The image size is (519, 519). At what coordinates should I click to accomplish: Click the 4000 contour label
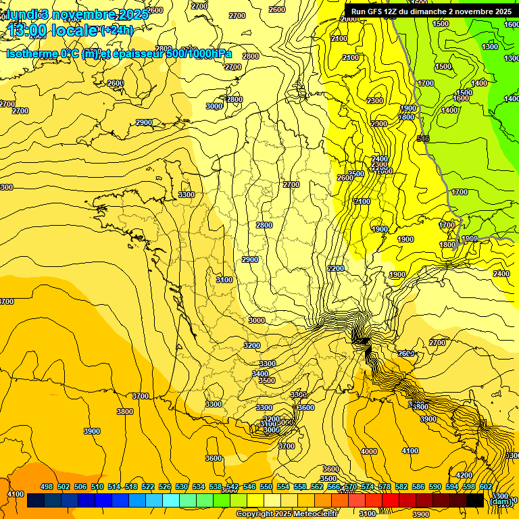(x=369, y=451)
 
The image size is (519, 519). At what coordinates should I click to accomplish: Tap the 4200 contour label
(x=464, y=475)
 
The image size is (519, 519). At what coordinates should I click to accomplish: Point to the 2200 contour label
(x=336, y=268)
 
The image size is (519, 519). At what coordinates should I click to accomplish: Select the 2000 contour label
(x=349, y=19)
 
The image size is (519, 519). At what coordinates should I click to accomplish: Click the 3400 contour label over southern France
(x=260, y=374)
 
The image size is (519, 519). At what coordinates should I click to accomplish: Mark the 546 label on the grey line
(x=424, y=139)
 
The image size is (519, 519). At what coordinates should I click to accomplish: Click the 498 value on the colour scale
(x=47, y=487)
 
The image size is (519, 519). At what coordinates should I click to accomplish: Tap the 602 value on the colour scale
(x=486, y=487)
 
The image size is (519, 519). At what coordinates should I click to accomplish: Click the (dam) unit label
(x=501, y=501)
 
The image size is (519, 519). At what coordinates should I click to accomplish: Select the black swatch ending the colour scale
(x=475, y=501)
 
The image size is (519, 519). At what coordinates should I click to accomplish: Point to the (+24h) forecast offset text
(x=118, y=30)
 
